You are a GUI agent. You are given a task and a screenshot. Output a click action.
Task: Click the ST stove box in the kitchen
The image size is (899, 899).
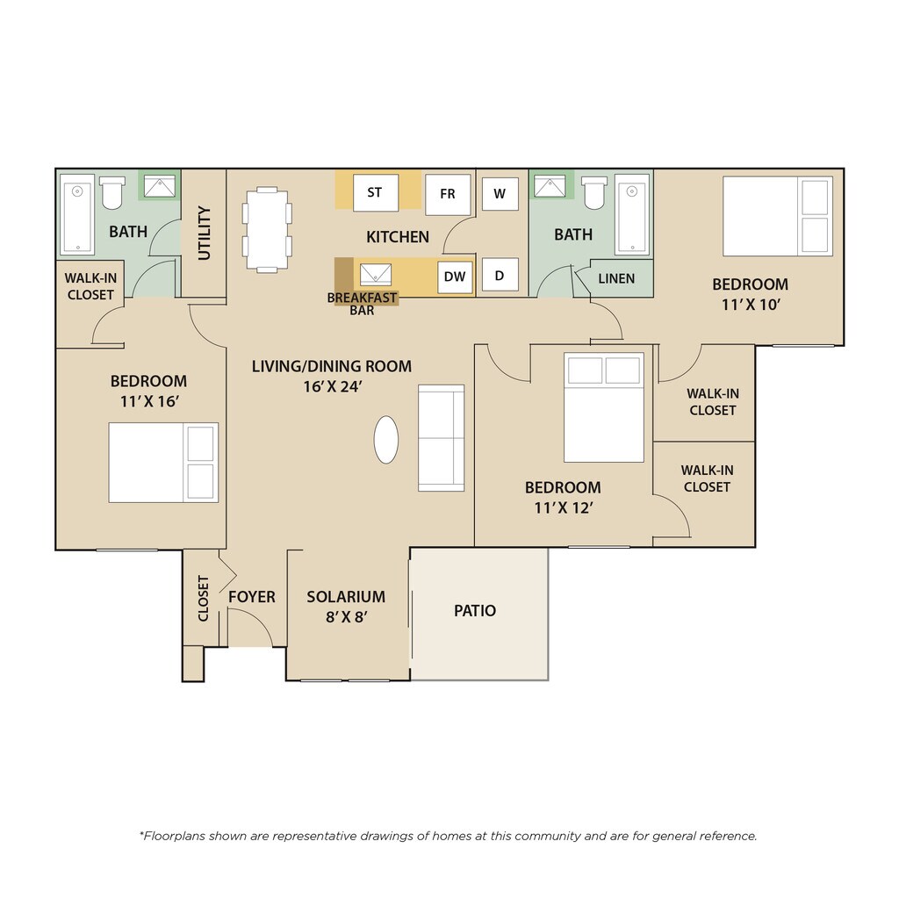tap(376, 192)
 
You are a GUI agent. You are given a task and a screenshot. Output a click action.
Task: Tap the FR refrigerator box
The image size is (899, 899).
tap(448, 194)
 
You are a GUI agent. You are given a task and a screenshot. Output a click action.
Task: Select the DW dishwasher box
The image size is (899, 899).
tap(455, 277)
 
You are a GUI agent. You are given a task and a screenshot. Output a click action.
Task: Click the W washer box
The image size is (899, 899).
tap(500, 194)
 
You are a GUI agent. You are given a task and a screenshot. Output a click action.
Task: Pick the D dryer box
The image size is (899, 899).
tap(500, 275)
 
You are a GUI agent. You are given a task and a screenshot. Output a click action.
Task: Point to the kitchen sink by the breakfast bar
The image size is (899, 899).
tap(376, 275)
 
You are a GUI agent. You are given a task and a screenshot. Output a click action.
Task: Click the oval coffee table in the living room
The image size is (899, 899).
tap(386, 440)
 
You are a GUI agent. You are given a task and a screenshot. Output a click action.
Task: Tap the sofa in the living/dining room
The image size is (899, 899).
tap(441, 438)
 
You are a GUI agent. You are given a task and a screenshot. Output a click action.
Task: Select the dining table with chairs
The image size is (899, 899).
tap(267, 229)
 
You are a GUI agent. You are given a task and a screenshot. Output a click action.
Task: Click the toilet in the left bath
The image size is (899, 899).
tap(111, 192)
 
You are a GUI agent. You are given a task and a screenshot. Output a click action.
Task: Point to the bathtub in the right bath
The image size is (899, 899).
tap(632, 214)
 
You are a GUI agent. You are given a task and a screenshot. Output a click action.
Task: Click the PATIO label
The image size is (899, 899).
tap(475, 611)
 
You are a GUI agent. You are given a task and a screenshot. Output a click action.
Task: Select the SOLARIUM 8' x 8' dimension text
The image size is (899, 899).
tap(346, 617)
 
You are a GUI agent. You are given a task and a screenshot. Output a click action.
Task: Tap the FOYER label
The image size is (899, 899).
tap(252, 597)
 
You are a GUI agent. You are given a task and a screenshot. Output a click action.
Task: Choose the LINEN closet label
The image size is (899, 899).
tap(616, 278)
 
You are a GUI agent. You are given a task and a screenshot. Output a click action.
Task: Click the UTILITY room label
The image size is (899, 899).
tap(204, 234)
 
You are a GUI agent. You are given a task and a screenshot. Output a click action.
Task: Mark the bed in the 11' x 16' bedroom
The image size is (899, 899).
tap(163, 463)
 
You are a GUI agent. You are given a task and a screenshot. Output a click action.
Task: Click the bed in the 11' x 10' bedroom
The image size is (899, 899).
tap(778, 216)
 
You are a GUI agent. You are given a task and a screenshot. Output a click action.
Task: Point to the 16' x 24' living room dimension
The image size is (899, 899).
tap(332, 387)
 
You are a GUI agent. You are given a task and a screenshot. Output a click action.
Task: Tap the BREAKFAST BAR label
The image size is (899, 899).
tap(362, 304)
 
